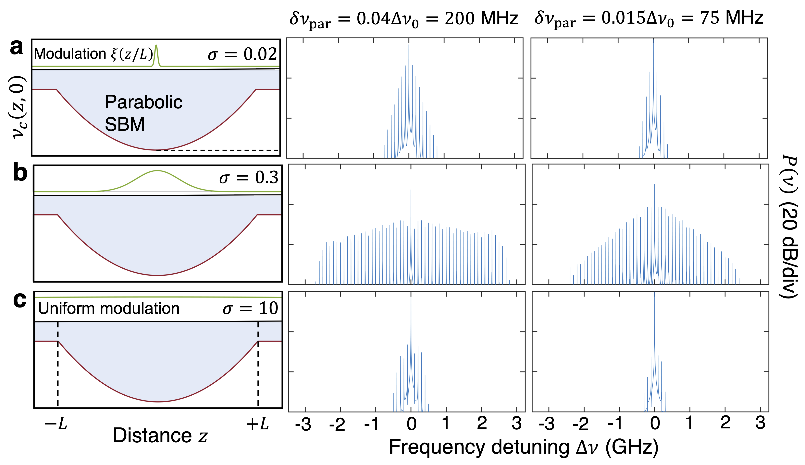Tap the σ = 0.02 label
click(242, 54)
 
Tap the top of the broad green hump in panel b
click(157, 171)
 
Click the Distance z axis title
click(160, 436)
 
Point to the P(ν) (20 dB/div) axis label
click(789, 227)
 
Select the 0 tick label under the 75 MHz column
click(655, 424)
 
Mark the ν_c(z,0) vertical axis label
click(19, 107)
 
